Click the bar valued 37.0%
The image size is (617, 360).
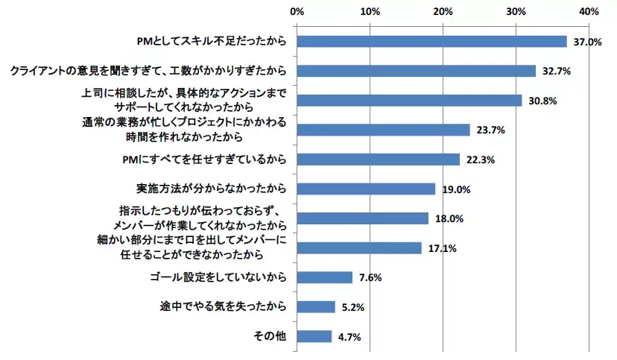(x=431, y=41)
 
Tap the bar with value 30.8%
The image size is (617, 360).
(x=409, y=100)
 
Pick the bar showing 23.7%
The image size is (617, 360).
(x=383, y=130)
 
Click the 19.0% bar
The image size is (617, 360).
(x=366, y=189)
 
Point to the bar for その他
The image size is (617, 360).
(x=314, y=336)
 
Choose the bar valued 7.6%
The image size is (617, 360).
(x=324, y=277)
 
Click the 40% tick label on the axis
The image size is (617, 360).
(x=589, y=12)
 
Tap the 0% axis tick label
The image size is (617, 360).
(x=297, y=12)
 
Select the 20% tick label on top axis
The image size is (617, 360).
(x=443, y=12)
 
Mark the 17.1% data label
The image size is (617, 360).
(x=441, y=248)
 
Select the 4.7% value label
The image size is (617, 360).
(x=350, y=337)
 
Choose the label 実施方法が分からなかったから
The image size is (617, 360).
(x=212, y=189)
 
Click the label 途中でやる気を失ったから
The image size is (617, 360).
(x=224, y=307)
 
